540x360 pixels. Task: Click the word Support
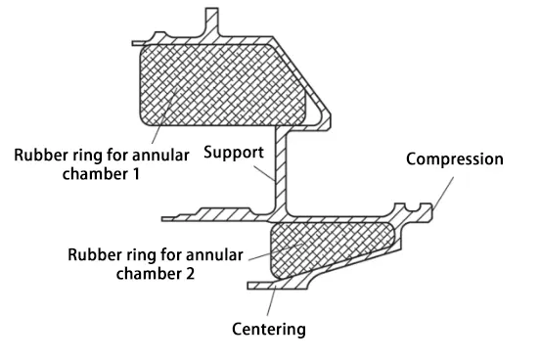[x=234, y=154]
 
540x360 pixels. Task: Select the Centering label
[x=268, y=329]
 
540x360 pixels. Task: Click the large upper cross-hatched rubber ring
[x=220, y=84]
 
